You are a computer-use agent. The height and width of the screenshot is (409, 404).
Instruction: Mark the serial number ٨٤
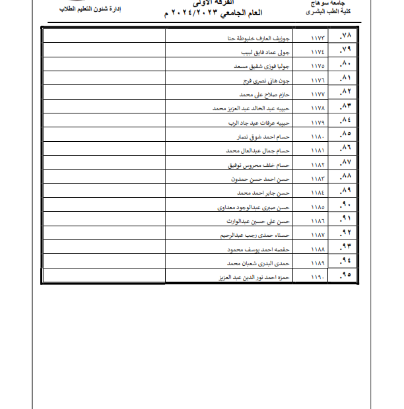[x=345, y=122]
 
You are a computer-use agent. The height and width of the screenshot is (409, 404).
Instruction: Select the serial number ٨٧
[x=345, y=164]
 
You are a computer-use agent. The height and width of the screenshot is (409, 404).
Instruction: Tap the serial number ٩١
[x=345, y=220]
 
